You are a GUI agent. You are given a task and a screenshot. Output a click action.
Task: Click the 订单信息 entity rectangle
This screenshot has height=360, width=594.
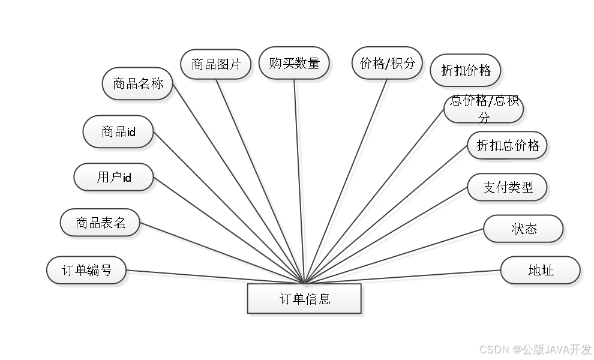click(x=304, y=299)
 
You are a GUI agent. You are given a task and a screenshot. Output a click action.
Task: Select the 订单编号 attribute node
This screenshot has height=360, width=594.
click(x=87, y=270)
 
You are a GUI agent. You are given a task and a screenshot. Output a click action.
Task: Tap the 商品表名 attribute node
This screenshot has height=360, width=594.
click(x=101, y=223)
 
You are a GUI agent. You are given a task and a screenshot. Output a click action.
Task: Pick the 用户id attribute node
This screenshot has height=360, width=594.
click(x=113, y=177)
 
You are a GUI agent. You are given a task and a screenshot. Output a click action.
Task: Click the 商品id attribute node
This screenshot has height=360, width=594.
click(x=119, y=131)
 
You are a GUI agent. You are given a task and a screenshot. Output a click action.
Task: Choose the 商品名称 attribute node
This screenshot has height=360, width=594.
click(x=138, y=83)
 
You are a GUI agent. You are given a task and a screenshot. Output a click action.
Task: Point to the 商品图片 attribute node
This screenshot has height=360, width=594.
click(x=216, y=64)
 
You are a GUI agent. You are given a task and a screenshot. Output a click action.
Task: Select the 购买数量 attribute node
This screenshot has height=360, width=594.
click(x=294, y=63)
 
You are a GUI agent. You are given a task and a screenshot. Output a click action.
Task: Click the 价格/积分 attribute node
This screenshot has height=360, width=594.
click(x=387, y=63)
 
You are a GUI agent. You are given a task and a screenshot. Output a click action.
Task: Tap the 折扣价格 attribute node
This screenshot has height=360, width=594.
click(x=466, y=71)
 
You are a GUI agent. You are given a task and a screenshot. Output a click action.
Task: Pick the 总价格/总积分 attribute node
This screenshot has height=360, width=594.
click(x=484, y=109)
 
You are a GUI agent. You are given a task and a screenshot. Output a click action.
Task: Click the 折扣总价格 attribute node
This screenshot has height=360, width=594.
click(x=508, y=145)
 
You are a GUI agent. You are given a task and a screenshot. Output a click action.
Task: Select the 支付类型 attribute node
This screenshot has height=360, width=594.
click(x=508, y=187)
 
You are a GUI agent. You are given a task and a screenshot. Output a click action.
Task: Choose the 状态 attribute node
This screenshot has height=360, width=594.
click(x=523, y=229)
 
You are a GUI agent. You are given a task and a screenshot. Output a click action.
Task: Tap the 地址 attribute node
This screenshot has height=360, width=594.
click(x=541, y=270)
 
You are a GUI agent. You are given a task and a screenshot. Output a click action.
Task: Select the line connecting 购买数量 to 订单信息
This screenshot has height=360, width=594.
click(x=300, y=180)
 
